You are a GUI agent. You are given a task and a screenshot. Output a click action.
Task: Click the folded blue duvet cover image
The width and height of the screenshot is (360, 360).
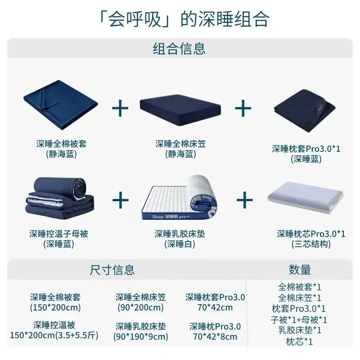61,105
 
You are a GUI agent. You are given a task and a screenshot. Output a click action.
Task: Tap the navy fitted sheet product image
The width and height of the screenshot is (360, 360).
180,110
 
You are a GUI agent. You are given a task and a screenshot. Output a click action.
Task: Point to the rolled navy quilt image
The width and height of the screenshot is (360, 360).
60,198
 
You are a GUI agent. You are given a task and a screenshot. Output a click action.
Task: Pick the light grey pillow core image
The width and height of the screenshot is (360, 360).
306,197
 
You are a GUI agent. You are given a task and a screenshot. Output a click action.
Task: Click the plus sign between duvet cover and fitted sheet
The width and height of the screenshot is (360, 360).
120,108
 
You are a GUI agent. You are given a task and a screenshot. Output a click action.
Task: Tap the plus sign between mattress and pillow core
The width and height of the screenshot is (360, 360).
245,200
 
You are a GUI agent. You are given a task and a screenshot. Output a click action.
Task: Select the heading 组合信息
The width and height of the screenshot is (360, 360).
179,49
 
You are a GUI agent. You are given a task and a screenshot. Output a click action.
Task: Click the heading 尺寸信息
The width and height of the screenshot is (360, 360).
112,270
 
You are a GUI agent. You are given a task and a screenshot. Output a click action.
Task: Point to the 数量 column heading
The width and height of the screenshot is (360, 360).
300,270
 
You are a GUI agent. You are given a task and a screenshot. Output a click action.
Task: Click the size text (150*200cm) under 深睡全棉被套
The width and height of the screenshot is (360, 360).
55,308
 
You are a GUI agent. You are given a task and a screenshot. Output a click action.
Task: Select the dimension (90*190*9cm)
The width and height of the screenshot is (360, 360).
141,337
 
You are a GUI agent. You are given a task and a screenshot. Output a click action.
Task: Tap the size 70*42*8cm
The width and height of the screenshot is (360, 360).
215,337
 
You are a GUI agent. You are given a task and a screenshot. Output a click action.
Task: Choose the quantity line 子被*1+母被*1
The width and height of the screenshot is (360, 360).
299,319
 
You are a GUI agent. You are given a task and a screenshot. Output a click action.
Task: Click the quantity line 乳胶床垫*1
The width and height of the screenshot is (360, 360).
300,330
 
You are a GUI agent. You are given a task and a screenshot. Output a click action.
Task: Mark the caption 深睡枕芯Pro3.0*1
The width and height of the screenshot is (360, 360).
311,234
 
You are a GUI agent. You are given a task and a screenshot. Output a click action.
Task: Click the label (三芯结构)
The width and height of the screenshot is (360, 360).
311,244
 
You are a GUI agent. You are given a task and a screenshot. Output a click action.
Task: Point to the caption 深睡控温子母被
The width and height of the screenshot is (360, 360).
59,234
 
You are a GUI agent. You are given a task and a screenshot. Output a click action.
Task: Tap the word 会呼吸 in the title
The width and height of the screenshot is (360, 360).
135,19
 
